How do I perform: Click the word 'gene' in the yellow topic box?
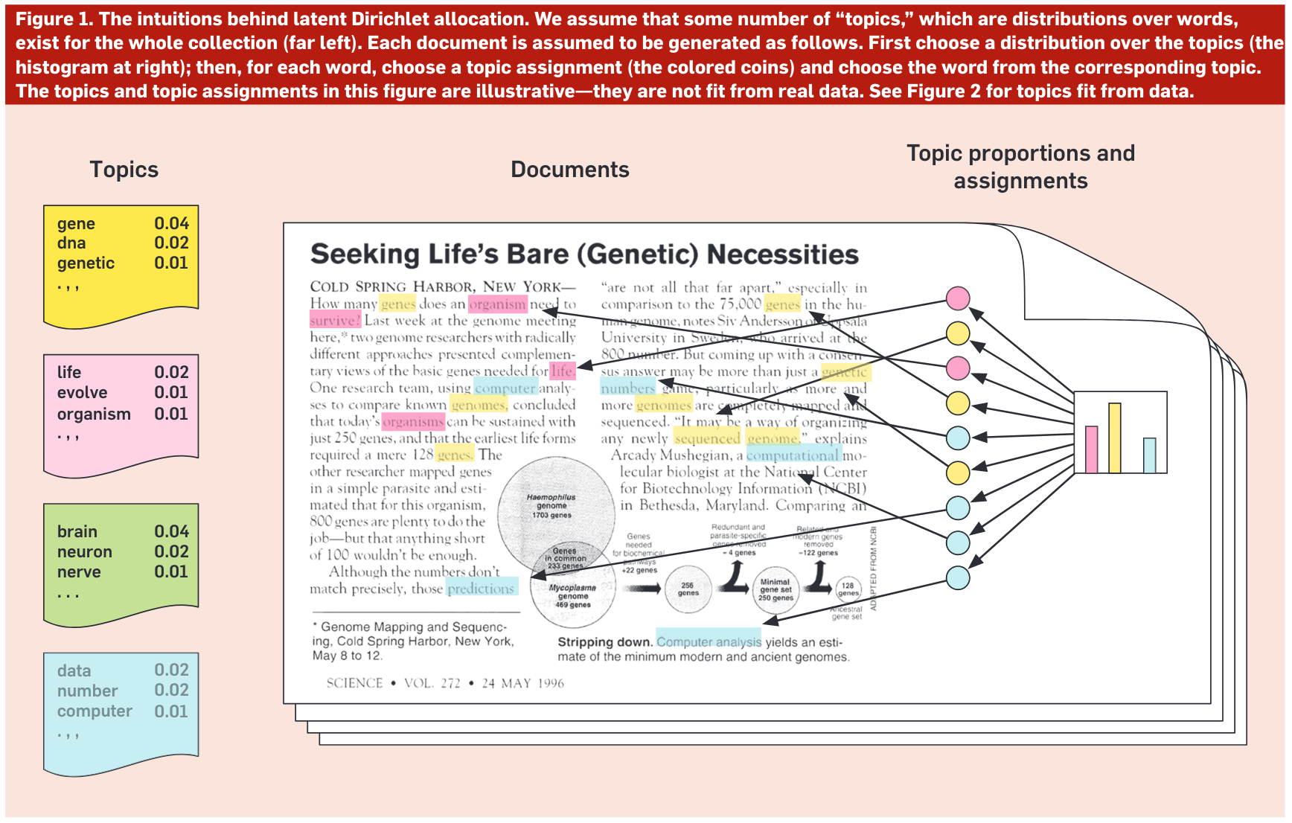[x=76, y=224]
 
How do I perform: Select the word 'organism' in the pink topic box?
[x=94, y=414]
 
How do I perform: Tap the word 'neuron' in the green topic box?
[x=84, y=552]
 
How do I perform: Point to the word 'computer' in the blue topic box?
[x=95, y=711]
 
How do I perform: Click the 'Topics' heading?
[x=124, y=170]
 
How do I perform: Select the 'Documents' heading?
[x=569, y=170]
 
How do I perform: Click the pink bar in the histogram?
[x=1091, y=449]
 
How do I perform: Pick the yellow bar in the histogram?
[x=1114, y=438]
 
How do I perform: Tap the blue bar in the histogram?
[x=1149, y=455]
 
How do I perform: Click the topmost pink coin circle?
[x=958, y=298]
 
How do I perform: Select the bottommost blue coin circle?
[x=958, y=577]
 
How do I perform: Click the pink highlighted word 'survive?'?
[x=335, y=321]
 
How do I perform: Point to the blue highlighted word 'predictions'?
[x=481, y=589]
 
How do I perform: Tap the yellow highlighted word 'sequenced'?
[x=707, y=438]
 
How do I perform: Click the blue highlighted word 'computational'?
[x=793, y=455]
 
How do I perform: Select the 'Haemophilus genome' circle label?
[x=551, y=502]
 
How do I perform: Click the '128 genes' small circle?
[x=848, y=589]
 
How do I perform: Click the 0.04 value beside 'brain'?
[x=171, y=531]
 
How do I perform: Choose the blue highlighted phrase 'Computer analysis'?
[x=709, y=641]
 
